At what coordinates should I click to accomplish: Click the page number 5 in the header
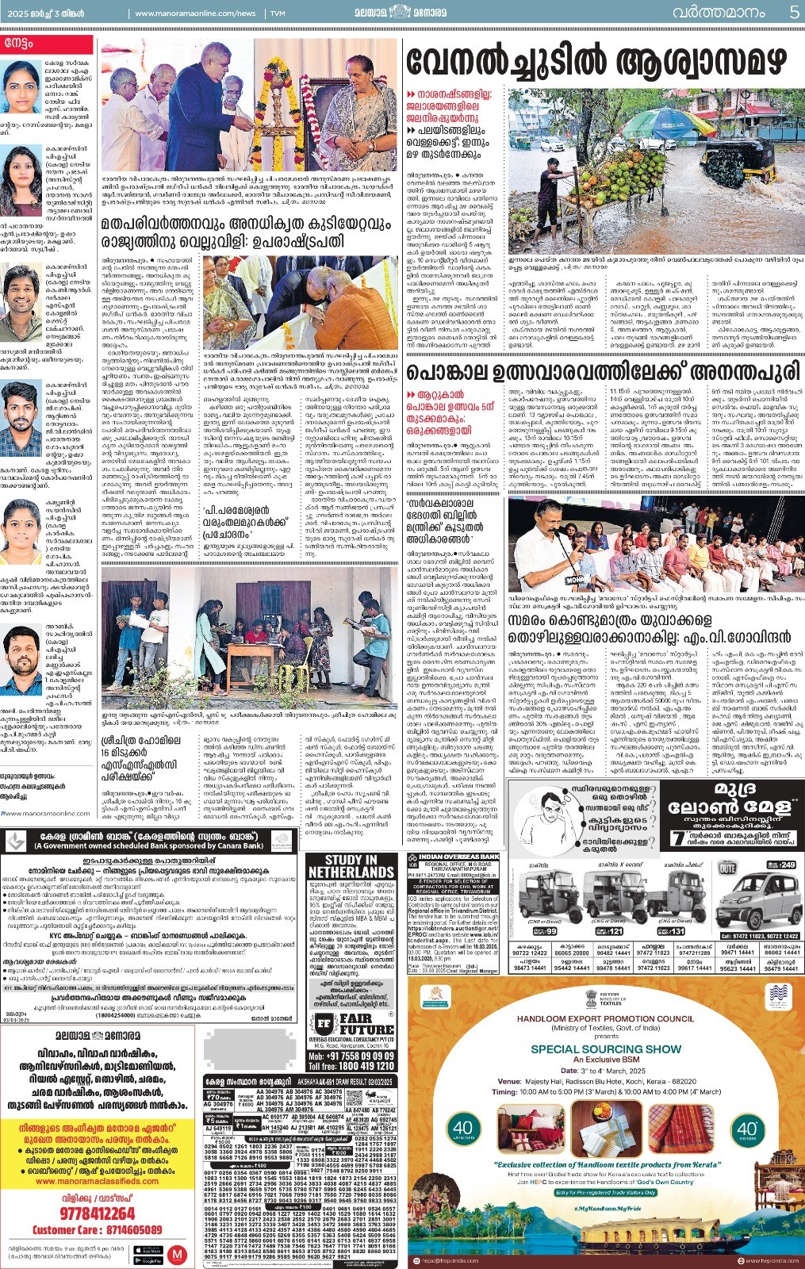coord(794,12)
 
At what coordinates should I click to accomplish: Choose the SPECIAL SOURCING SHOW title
coord(606,1049)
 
